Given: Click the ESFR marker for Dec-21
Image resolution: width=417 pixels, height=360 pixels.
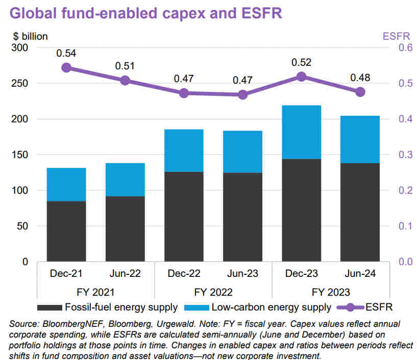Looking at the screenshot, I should pyautogui.click(x=66, y=68).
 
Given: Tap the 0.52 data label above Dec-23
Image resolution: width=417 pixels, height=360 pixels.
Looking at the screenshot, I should pyautogui.click(x=301, y=62).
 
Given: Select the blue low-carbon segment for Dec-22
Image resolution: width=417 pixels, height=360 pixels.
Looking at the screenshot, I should pyautogui.click(x=184, y=150).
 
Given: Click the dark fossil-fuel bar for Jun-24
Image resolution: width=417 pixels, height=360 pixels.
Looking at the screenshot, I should pyautogui.click(x=360, y=212).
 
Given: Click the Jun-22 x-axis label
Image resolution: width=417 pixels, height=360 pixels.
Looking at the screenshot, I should pyautogui.click(x=125, y=274).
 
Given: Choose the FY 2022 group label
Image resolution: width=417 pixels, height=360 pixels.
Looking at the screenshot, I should pyautogui.click(x=213, y=292).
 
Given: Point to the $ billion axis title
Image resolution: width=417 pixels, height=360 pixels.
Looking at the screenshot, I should pyautogui.click(x=30, y=36).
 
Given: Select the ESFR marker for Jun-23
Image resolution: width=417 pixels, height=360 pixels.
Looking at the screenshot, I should pyautogui.click(x=242, y=94).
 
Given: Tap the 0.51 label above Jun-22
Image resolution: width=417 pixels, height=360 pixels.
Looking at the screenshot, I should pyautogui.click(x=125, y=65).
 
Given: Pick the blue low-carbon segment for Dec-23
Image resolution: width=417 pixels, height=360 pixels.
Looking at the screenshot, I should pyautogui.click(x=301, y=132).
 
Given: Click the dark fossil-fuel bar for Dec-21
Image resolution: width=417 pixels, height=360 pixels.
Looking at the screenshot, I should pyautogui.click(x=66, y=231).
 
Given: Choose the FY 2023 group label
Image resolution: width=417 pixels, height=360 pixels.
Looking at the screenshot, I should pyautogui.click(x=331, y=292).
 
